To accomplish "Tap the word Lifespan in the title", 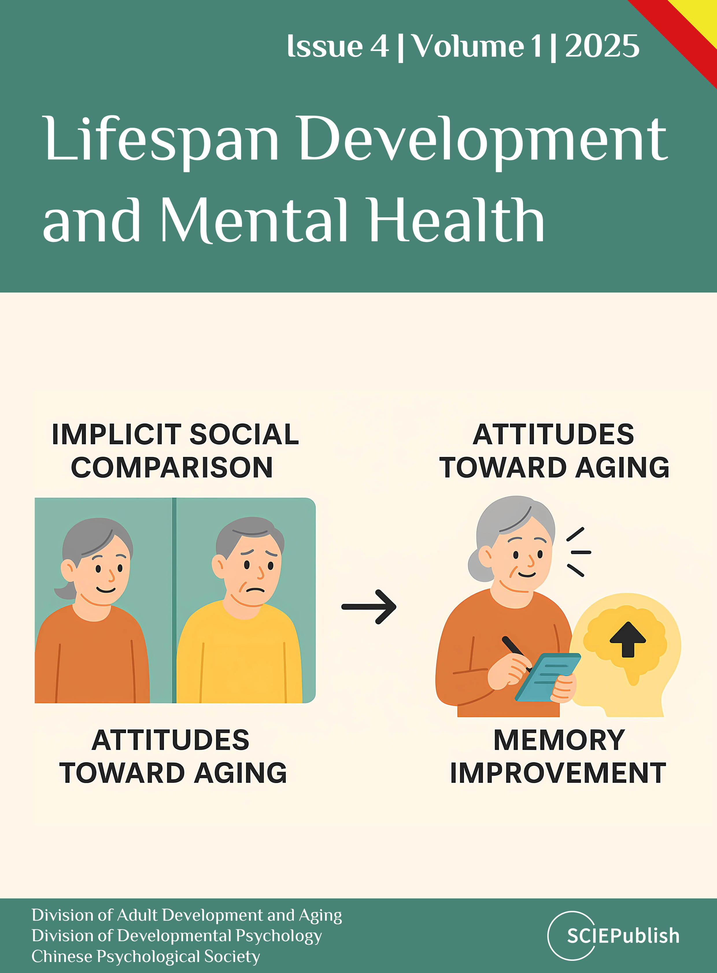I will [x=160, y=140].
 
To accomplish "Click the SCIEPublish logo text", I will [x=623, y=936].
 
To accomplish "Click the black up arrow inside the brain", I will [x=628, y=639].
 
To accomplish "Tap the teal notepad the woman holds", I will [x=548, y=677].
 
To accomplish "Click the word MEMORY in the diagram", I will [x=559, y=740].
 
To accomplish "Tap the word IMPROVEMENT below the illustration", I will [x=558, y=773].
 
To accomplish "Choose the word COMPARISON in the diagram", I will [x=172, y=467].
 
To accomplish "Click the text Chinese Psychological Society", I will [x=146, y=956].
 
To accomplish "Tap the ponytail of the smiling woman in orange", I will [x=64, y=591].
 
